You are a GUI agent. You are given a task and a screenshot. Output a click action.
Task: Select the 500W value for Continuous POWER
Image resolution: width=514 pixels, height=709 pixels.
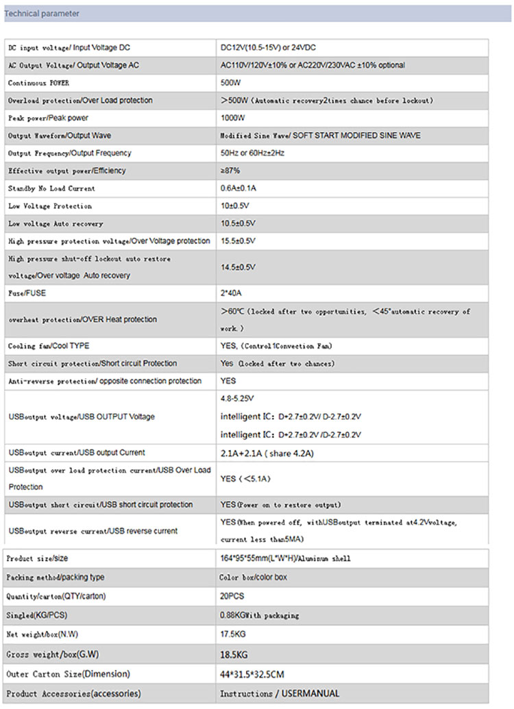pos(230,83)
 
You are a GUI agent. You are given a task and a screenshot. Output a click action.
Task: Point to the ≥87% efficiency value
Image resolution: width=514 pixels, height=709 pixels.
pos(230,171)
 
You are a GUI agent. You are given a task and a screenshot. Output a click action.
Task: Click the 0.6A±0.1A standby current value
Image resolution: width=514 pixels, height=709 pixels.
pos(238,188)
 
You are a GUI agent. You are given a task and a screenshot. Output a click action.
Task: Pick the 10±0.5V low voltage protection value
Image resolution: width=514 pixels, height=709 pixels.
pos(235,206)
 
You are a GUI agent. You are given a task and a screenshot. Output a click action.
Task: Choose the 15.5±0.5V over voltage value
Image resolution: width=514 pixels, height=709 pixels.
pos(238,241)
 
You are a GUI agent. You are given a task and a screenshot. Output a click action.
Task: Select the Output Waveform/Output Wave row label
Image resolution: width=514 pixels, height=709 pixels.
pos(59,136)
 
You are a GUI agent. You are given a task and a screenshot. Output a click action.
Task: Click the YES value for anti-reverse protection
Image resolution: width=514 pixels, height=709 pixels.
pos(228,381)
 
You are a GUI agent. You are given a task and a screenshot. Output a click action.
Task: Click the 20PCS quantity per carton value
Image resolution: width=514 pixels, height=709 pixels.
pos(232,596)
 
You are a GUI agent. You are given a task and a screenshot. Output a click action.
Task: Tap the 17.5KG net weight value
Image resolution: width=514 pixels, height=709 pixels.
pos(234,634)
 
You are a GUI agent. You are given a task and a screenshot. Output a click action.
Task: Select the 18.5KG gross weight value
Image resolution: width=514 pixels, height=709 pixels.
pos(235,654)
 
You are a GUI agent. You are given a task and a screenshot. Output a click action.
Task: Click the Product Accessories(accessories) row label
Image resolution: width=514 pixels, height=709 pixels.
pos(74,693)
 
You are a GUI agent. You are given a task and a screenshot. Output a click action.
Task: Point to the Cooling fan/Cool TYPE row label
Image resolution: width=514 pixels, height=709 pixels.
pos(48,346)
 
